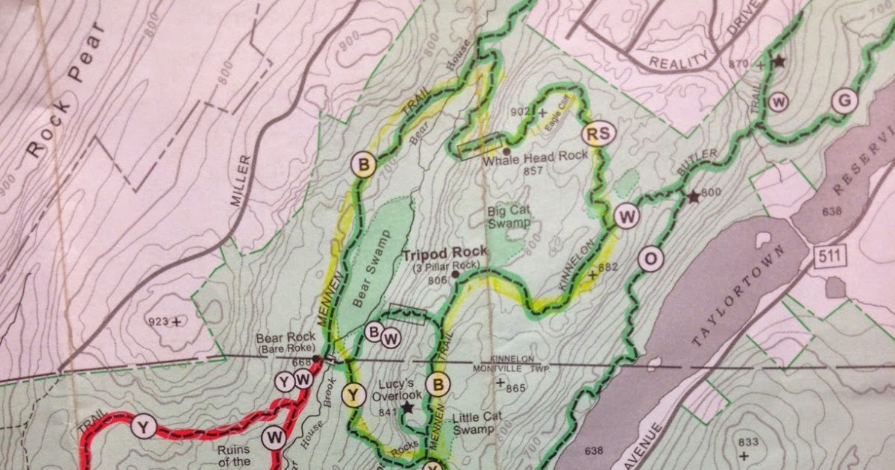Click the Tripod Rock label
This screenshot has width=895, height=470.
tap(445, 253)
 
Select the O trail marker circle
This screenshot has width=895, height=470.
tap(650, 259)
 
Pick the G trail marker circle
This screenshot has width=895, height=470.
tap(844, 101)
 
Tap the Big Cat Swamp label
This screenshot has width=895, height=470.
tap(509, 217)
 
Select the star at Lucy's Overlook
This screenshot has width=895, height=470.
tap(407, 408)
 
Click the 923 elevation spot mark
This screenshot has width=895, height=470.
tap(176, 322)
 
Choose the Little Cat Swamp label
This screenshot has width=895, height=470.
tap(474, 423)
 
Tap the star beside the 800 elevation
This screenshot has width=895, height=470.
tap(693, 197)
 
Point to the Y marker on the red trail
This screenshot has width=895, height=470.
tap(142, 427)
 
